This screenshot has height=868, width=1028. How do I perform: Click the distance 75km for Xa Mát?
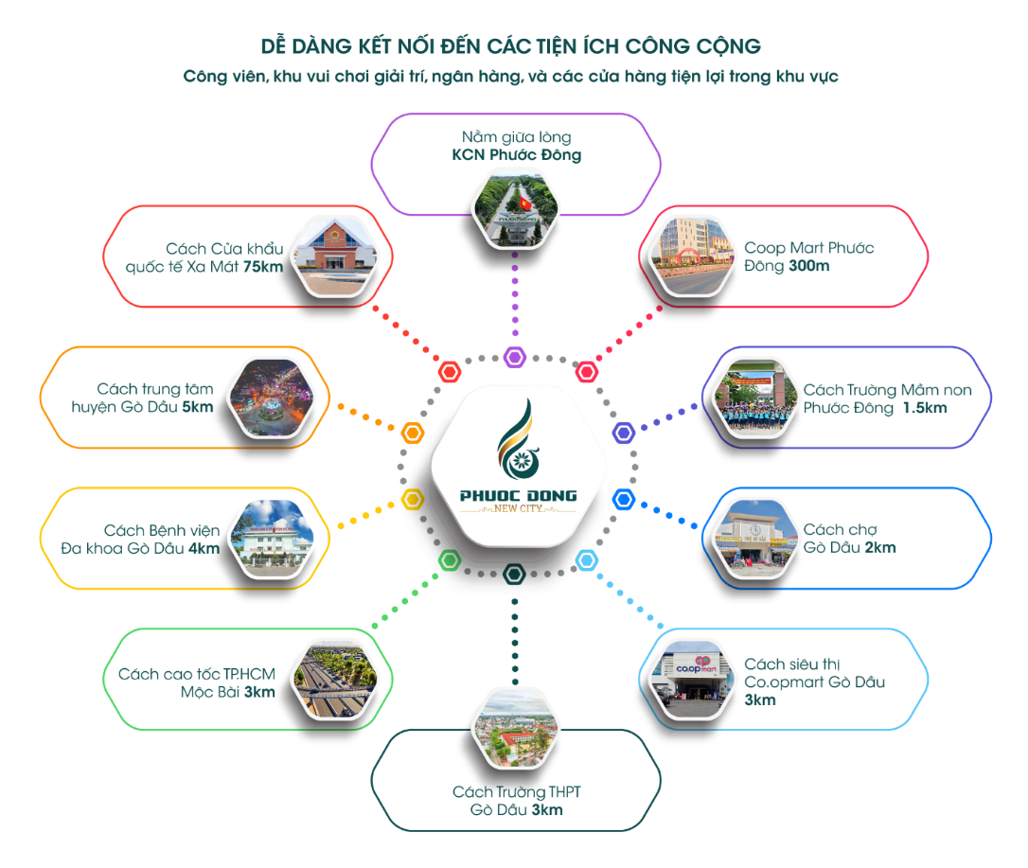click(x=263, y=267)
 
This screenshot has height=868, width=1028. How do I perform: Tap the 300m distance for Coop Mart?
click(x=808, y=267)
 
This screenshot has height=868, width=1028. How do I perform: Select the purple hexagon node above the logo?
click(x=514, y=357)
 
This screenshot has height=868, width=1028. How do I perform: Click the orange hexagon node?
click(x=412, y=434)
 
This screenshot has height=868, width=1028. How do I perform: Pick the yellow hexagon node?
click(x=412, y=498)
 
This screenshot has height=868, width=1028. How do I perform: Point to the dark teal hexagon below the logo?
click(x=514, y=573)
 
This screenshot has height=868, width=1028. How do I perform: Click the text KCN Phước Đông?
click(x=516, y=155)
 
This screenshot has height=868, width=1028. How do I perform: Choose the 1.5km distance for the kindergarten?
click(x=924, y=407)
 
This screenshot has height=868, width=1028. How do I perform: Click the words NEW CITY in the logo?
click(x=518, y=509)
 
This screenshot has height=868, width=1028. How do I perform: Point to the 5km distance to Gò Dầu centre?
click(x=198, y=407)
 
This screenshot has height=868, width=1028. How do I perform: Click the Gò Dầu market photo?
click(x=753, y=538)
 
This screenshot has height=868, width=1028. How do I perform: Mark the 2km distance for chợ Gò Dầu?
click(x=879, y=548)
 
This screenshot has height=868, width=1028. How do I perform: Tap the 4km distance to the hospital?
click(x=204, y=548)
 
